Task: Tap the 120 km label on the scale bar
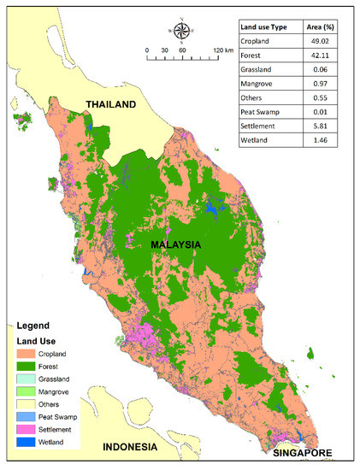pos(222,51)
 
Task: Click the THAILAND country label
pos(109,105)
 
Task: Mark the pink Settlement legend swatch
pos(29,429)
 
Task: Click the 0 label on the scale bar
pos(148,51)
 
